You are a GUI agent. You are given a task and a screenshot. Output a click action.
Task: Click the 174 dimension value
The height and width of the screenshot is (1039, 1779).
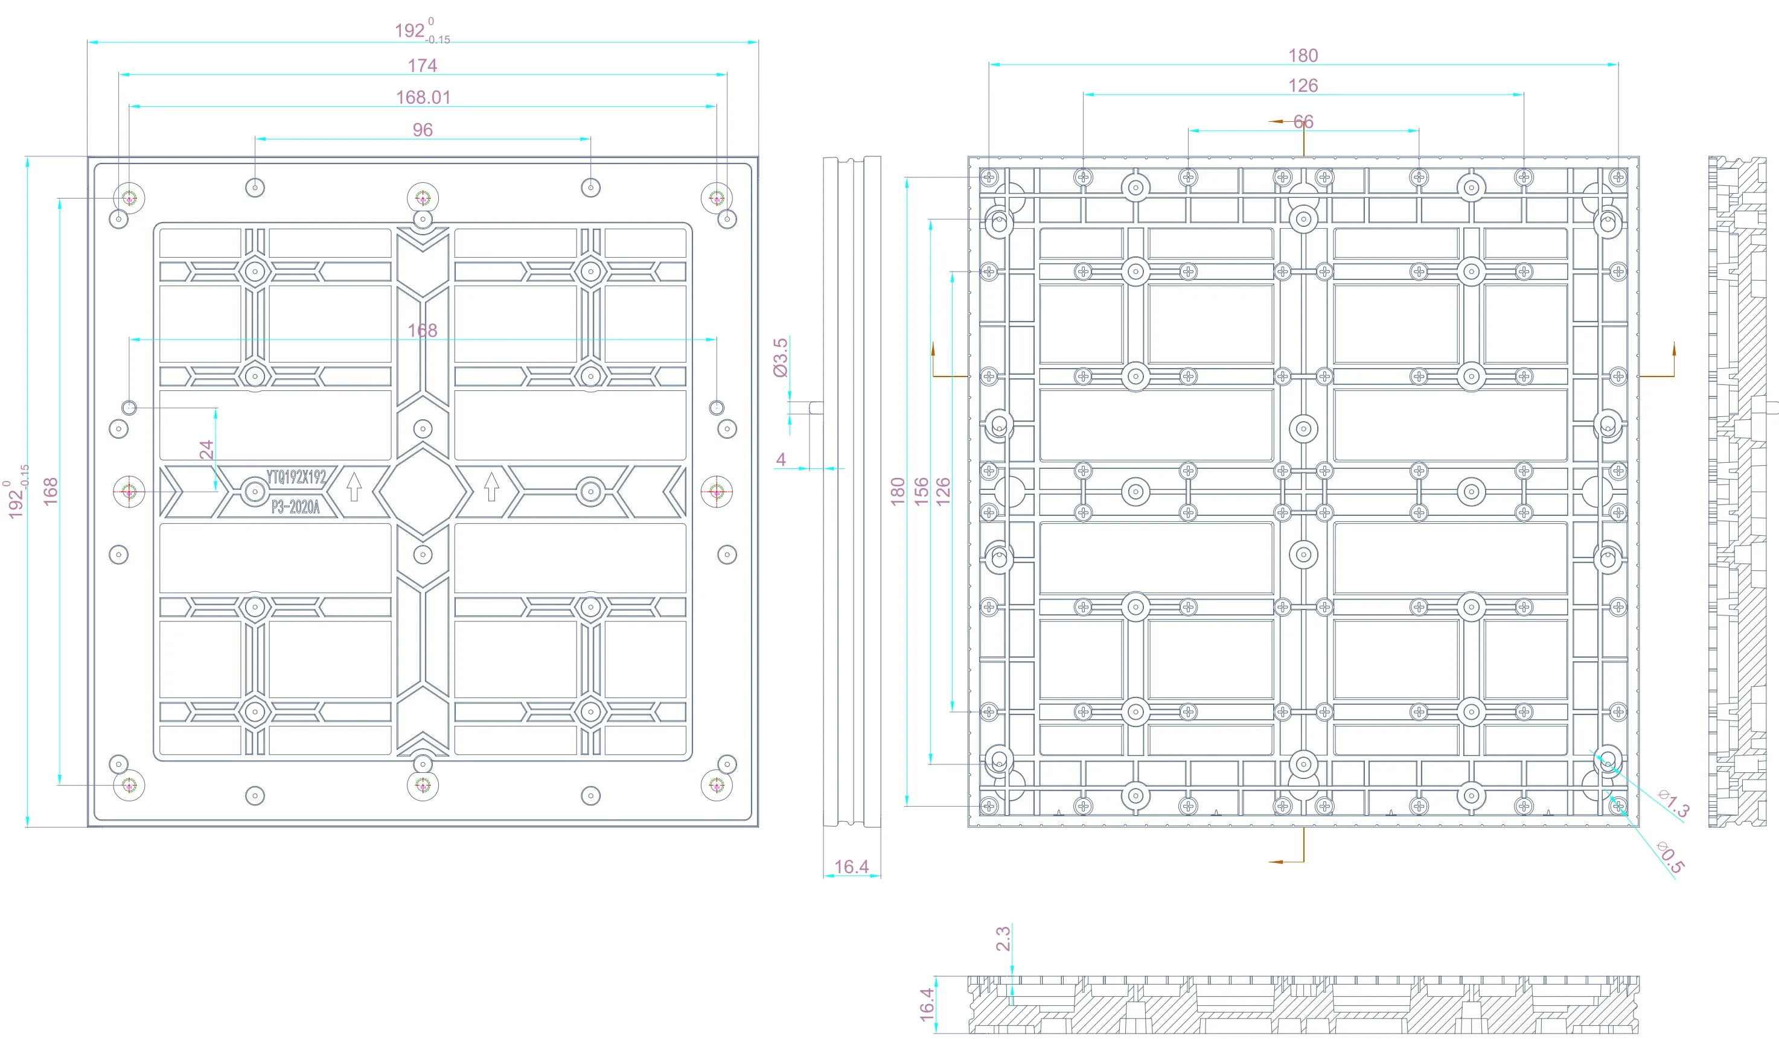pos(422,66)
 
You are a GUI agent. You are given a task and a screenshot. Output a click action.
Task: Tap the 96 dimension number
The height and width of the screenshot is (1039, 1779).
pos(423,130)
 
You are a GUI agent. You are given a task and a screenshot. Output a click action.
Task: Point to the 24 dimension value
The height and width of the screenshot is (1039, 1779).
pos(206,450)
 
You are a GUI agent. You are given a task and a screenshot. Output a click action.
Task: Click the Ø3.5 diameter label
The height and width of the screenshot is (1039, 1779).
pos(780,357)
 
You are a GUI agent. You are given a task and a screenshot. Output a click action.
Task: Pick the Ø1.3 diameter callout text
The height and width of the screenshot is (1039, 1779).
pos(1674,803)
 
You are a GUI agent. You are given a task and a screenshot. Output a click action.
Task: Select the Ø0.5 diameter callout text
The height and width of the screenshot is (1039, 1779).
pos(1670,857)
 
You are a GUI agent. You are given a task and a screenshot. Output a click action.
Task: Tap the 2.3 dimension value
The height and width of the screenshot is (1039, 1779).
pos(1003,939)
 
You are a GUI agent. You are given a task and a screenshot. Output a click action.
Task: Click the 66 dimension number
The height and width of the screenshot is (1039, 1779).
pos(1303,122)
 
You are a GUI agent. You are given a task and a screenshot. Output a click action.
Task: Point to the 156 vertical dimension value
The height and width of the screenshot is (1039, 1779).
pos(921,491)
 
